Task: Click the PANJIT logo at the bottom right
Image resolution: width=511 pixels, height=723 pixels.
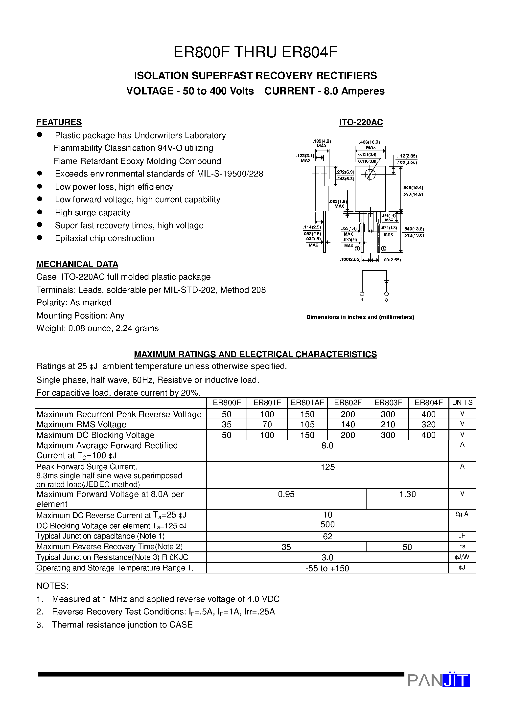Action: tap(438, 680)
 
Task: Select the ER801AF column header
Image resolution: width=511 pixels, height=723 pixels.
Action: tap(307, 403)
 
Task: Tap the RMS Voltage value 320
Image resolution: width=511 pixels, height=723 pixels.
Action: tap(428, 425)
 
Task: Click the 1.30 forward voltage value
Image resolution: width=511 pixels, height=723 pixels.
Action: tap(407, 494)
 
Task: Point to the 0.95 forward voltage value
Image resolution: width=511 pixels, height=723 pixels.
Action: tap(286, 494)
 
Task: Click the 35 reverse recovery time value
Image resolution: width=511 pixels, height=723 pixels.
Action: tap(286, 547)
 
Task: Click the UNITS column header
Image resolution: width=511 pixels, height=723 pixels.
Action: tap(462, 403)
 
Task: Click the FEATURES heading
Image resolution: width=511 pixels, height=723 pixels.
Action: tap(59, 122)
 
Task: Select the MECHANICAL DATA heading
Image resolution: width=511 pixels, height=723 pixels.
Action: tap(77, 264)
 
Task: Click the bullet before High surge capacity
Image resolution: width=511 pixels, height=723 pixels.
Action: tap(40, 212)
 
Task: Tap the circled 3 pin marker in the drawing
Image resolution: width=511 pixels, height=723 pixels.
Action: tap(383, 249)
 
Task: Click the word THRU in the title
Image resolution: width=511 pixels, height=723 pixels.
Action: tap(255, 52)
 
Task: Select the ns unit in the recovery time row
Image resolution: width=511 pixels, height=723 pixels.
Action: tap(462, 547)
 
